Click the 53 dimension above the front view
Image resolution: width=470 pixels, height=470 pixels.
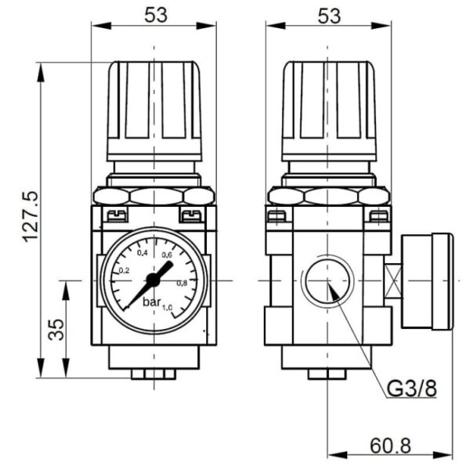click(154, 15)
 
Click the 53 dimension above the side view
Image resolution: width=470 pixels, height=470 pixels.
click(329, 15)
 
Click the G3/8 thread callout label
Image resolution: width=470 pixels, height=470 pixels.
click(411, 388)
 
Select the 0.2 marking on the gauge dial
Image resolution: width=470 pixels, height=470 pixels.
click(124, 270)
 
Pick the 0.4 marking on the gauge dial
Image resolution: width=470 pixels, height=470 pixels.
click(143, 253)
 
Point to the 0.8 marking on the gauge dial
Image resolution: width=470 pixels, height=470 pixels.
click(182, 283)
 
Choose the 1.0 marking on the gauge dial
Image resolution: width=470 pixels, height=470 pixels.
click(168, 307)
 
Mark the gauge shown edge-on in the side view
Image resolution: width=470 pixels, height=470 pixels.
click(428, 280)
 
